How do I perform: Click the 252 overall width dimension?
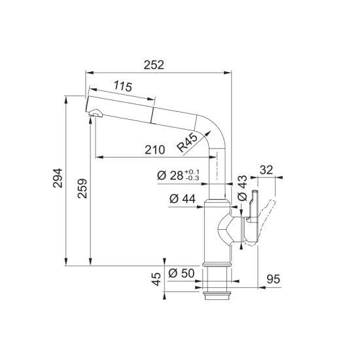(x=154, y=65)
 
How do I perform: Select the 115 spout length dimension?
(x=123, y=86)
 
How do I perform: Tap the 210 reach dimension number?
(x=154, y=150)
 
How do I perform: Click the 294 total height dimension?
(x=58, y=178)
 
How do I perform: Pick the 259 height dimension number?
(x=82, y=189)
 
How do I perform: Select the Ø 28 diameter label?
(x=170, y=175)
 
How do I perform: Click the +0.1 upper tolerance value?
(x=192, y=172)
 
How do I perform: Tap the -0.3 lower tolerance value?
(x=192, y=178)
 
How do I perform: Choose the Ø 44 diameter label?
(x=183, y=199)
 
